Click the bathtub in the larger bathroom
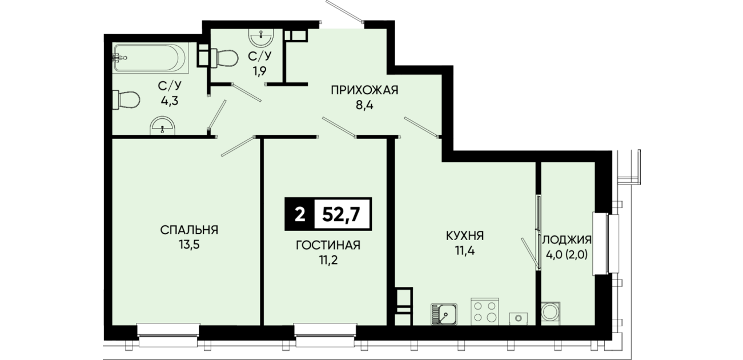(151, 58)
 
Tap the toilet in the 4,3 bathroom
(126, 99)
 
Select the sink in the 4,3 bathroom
(163, 126)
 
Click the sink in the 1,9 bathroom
(262, 37)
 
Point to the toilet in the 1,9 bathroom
(224, 58)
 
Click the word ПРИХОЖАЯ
(364, 90)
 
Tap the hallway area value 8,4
(364, 106)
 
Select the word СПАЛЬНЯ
(189, 230)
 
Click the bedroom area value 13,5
(189, 245)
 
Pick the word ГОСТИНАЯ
(328, 245)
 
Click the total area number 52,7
(342, 215)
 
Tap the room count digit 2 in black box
(299, 215)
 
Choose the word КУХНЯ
(465, 236)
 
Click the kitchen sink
(444, 314)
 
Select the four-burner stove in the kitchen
(485, 311)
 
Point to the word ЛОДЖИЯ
(567, 239)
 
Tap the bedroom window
(168, 335)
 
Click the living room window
(326, 335)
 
